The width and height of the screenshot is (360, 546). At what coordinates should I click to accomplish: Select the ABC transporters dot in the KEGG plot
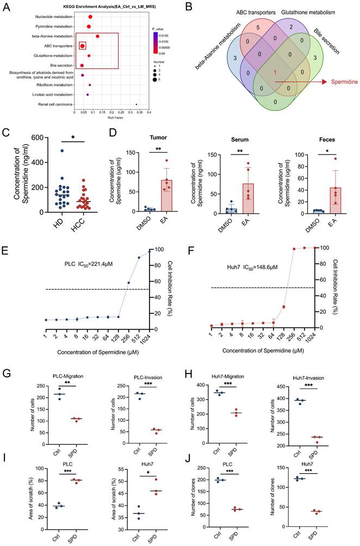[82, 46]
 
